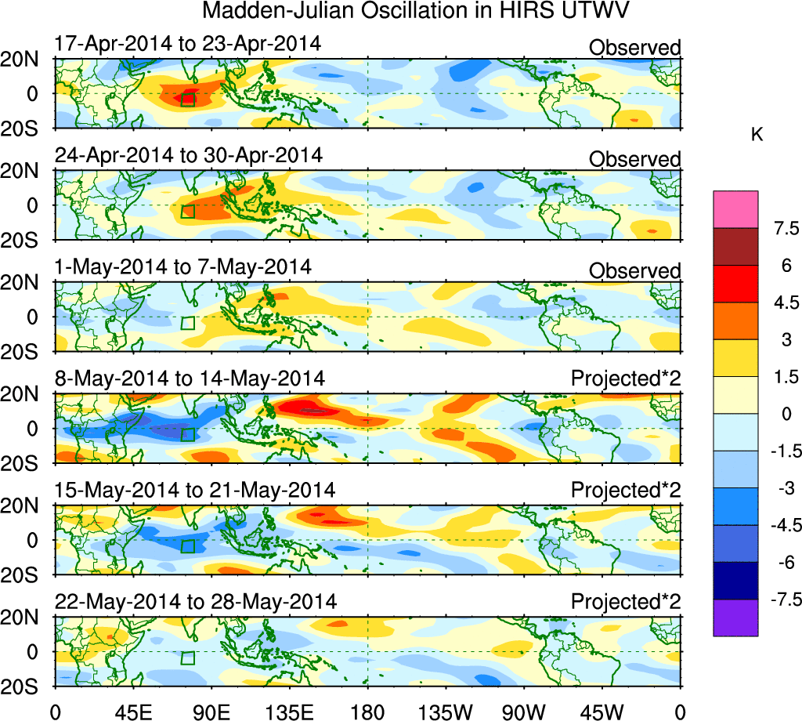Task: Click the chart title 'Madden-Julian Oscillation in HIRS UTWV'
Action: tap(416, 12)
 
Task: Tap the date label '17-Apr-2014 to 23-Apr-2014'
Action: tap(187, 44)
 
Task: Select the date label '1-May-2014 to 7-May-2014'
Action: tap(182, 267)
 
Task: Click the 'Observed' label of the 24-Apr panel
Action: tap(634, 160)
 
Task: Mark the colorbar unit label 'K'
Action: tap(757, 135)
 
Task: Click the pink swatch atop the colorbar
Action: tap(735, 208)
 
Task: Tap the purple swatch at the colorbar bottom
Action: tap(735, 618)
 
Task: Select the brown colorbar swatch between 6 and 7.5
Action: tap(735, 246)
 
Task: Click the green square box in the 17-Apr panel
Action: tap(187, 100)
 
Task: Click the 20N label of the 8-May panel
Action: tap(27, 396)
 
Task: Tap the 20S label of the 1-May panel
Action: tap(27, 350)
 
